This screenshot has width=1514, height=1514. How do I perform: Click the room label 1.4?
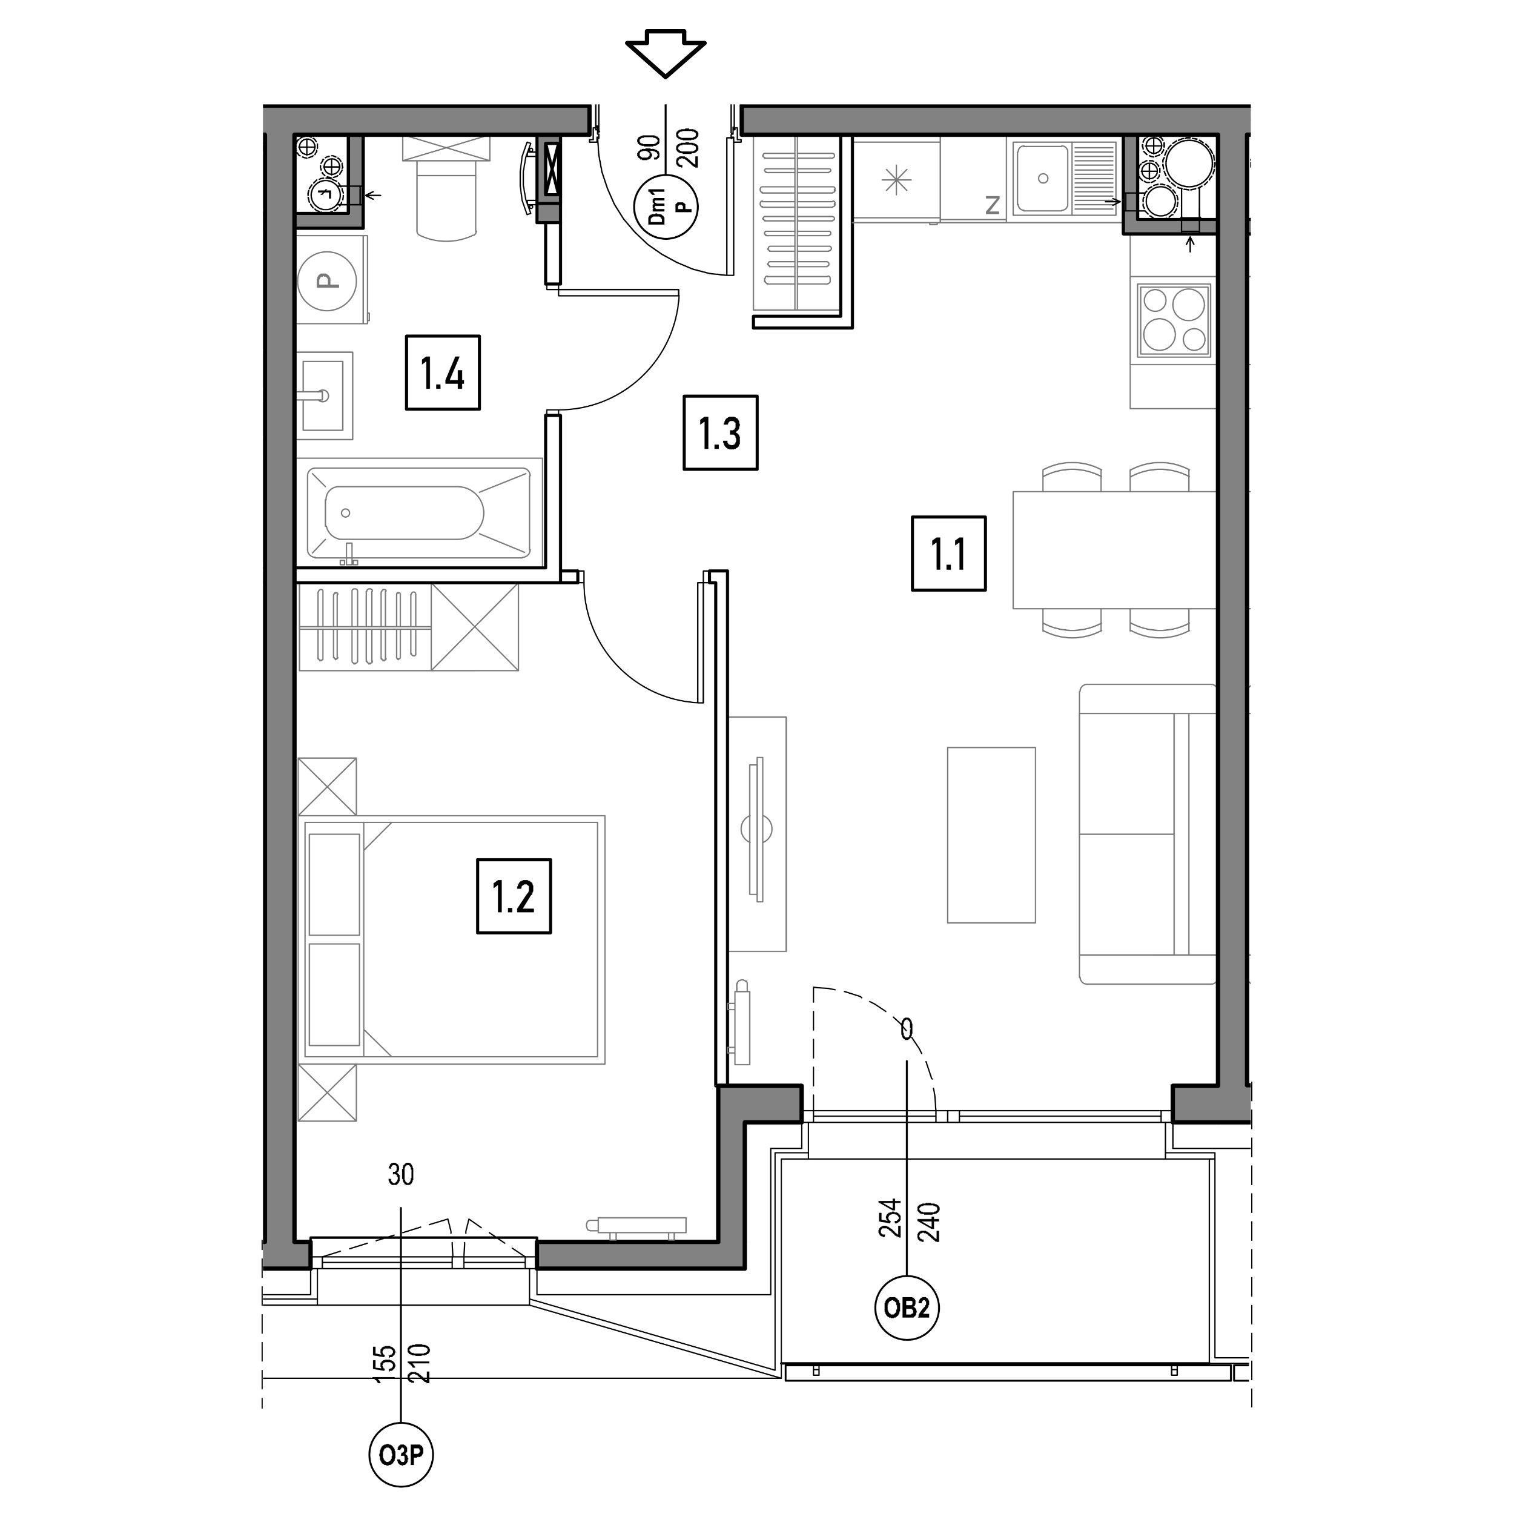pyautogui.click(x=443, y=372)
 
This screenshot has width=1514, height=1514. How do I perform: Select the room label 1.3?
pyautogui.click(x=720, y=432)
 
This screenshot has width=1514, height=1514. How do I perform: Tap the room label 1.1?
pyautogui.click(x=948, y=554)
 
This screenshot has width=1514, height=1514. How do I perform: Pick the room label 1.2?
pyautogui.click(x=514, y=896)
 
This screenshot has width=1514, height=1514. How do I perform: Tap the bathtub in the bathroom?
pyautogui.click(x=418, y=514)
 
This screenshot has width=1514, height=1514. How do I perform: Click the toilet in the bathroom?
pyautogui.click(x=445, y=188)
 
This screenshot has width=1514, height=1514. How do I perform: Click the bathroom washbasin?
pyautogui.click(x=323, y=395)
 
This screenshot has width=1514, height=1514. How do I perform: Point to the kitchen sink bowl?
pyautogui.click(x=1042, y=178)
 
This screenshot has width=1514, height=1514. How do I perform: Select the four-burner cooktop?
pyautogui.click(x=1173, y=320)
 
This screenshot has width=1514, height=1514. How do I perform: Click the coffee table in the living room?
pyautogui.click(x=991, y=835)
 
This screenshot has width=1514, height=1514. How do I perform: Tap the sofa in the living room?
pyautogui.click(x=1147, y=834)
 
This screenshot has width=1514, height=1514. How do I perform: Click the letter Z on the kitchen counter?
pyautogui.click(x=992, y=205)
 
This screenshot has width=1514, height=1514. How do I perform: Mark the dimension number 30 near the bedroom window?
pyautogui.click(x=400, y=1174)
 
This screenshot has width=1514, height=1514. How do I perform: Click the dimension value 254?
pyautogui.click(x=890, y=1218)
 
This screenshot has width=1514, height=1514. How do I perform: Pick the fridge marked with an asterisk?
pyautogui.click(x=896, y=181)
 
